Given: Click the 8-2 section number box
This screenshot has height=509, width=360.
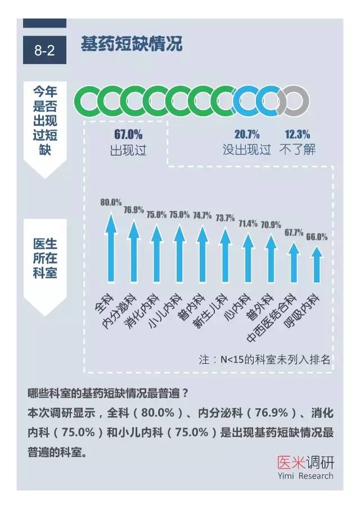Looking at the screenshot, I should click(44, 51).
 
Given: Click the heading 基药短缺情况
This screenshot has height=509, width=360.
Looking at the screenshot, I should click(132, 44).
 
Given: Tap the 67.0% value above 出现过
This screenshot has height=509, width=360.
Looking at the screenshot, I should click(128, 134).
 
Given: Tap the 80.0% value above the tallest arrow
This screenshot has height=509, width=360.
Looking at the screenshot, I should click(111, 202).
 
